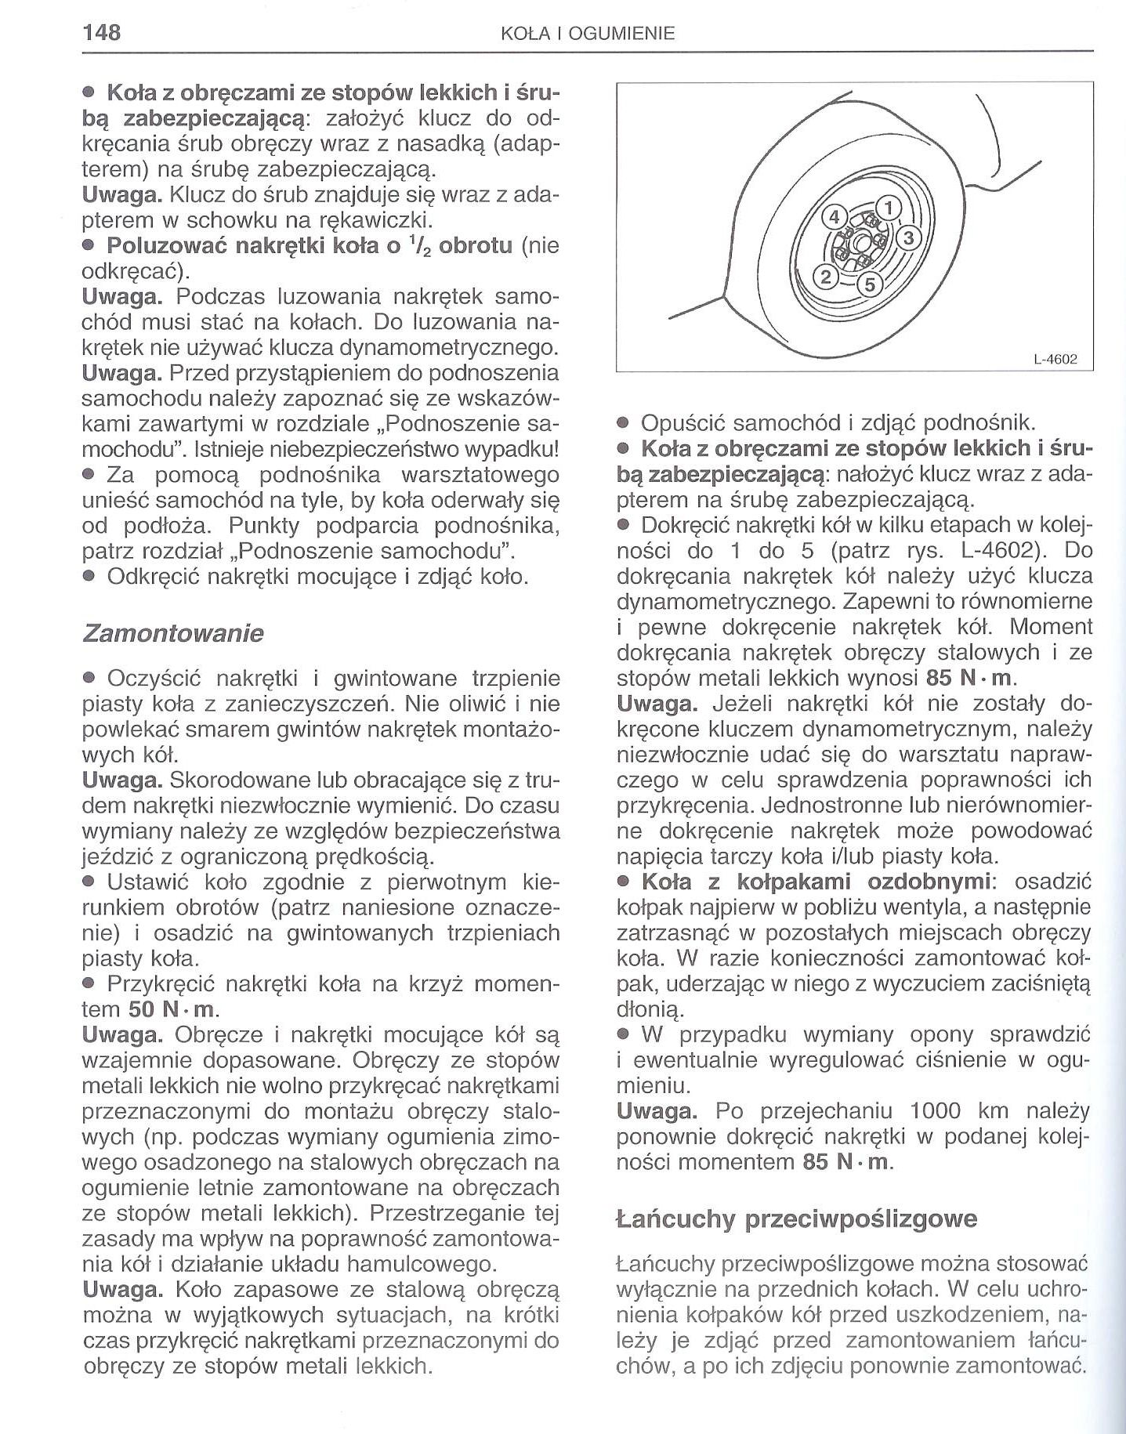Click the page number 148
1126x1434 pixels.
point(102,32)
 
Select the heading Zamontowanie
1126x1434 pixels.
point(173,632)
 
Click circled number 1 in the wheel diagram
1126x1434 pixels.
point(889,208)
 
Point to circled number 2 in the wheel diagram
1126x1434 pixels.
point(825,276)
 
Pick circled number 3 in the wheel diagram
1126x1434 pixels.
point(909,237)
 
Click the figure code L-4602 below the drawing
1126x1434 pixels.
point(1056,360)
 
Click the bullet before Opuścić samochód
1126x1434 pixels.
point(624,424)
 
